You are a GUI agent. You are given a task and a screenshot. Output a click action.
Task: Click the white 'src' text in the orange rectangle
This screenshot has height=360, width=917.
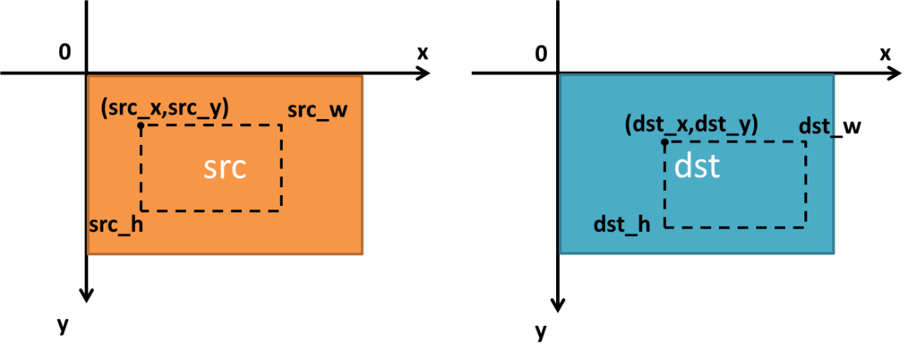coord(225,168)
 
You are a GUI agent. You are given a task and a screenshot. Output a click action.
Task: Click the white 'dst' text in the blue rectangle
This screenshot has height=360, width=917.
coord(697,167)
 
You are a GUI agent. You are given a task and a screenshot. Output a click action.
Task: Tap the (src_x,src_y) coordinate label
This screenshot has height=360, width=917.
coord(165,109)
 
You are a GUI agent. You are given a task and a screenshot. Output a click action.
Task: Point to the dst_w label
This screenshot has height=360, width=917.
coord(830,126)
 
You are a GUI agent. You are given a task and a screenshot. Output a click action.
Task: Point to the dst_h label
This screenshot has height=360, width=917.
coord(621,225)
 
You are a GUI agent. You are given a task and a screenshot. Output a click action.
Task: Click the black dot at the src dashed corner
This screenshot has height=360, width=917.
coord(141,124)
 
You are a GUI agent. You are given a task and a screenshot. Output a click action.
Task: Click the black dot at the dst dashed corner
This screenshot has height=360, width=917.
coord(665,141)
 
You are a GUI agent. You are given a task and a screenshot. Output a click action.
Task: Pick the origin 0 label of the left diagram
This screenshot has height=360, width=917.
coord(64,52)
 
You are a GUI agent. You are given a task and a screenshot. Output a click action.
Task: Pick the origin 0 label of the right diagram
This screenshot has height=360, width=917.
coord(542,55)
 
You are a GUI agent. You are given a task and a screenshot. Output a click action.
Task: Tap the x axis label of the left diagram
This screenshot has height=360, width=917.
coord(423,53)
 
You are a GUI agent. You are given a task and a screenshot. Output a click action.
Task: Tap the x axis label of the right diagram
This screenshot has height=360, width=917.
coord(886,55)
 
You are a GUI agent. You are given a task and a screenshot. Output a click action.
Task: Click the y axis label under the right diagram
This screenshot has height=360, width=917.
coord(542,332)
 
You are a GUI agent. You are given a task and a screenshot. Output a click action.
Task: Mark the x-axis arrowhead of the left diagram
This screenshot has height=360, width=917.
coord(424,73)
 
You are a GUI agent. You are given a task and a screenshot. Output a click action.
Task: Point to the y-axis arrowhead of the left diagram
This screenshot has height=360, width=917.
coord(87,295)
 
